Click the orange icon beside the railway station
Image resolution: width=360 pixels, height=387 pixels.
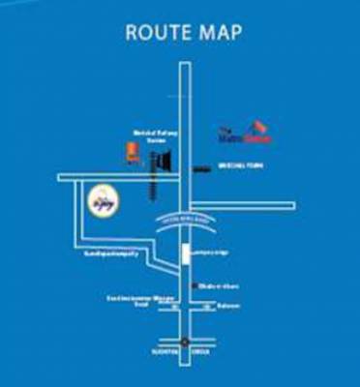[132, 152]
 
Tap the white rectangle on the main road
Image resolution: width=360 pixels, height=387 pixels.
[184, 254]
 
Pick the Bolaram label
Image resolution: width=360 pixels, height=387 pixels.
[229, 307]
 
